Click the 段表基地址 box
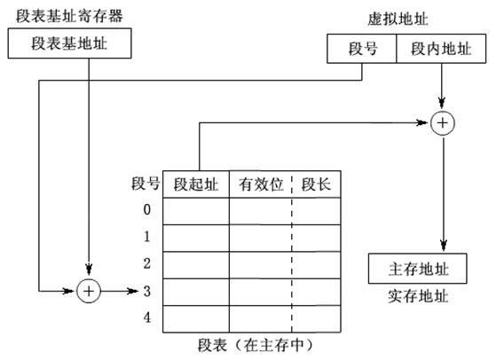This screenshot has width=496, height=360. click(x=69, y=43)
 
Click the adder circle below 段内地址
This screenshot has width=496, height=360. click(x=442, y=123)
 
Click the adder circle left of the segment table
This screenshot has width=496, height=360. click(x=89, y=291)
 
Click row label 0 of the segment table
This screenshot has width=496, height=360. click(x=147, y=210)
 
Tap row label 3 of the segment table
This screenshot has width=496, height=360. click(x=147, y=291)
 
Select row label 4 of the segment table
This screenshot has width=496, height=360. click(x=147, y=317)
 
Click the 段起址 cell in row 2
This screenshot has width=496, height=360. click(x=195, y=264)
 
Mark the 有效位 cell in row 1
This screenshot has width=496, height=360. click(x=261, y=238)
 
